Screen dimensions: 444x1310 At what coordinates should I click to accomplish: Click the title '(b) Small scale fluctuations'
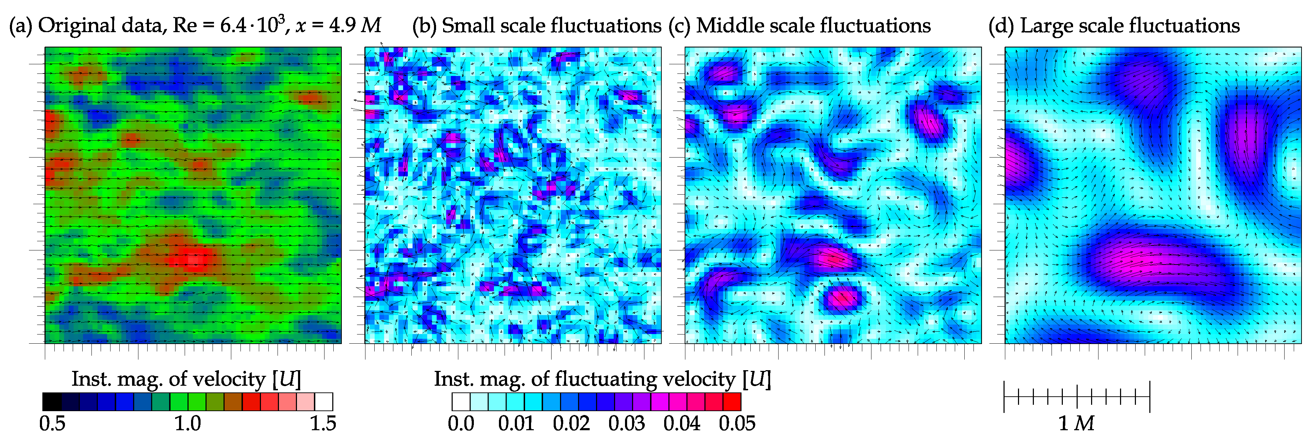(x=536, y=25)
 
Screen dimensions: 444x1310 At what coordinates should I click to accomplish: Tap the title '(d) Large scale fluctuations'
(x=1114, y=25)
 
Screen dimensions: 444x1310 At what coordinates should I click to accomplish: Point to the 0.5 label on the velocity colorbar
(x=52, y=423)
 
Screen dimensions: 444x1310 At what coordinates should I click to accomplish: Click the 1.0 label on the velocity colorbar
(x=187, y=423)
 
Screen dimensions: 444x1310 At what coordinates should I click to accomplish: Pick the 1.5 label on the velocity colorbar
(x=323, y=423)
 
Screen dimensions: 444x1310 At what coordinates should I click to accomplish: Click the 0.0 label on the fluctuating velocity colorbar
(x=461, y=423)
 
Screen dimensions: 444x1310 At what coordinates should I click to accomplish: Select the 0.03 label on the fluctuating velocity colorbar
(x=626, y=423)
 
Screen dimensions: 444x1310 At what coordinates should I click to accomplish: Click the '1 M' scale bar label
(x=1076, y=423)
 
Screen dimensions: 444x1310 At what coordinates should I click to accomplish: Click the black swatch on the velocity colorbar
(x=52, y=402)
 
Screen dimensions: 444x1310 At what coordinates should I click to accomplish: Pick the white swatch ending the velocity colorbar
(x=323, y=402)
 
